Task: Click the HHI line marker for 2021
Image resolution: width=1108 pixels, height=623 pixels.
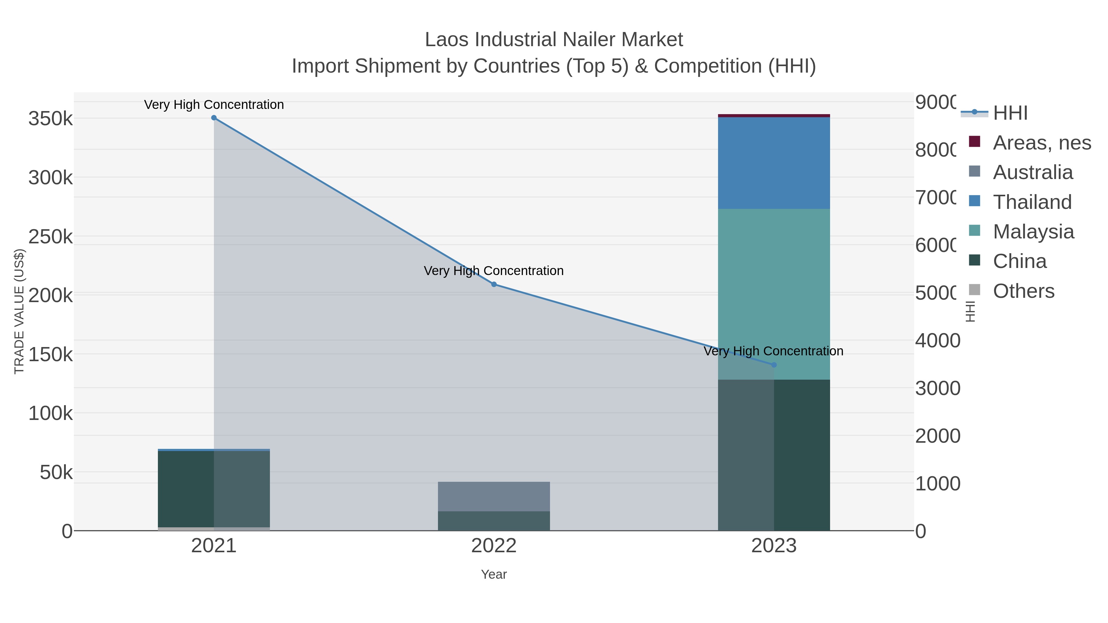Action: click(214, 118)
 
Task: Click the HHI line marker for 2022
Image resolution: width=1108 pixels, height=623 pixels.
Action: click(494, 284)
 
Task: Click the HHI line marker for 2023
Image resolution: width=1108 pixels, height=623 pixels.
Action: click(774, 365)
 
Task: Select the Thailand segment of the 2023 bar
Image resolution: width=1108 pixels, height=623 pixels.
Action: click(774, 163)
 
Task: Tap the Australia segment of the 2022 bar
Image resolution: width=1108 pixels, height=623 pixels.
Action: click(494, 496)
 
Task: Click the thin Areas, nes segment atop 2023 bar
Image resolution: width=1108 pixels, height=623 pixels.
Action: click(774, 116)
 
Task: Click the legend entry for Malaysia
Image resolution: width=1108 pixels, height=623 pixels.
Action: click(1032, 232)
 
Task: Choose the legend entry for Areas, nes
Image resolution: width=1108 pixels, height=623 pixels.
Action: click(1041, 143)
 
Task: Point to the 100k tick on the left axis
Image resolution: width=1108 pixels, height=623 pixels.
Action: click(51, 413)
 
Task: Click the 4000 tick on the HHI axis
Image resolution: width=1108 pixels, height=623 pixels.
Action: click(937, 341)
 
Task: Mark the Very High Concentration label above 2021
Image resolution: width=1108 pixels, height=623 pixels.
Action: click(214, 105)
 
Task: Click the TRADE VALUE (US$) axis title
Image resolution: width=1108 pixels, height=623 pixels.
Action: click(19, 311)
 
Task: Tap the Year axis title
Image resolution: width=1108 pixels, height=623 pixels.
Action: click(494, 574)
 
